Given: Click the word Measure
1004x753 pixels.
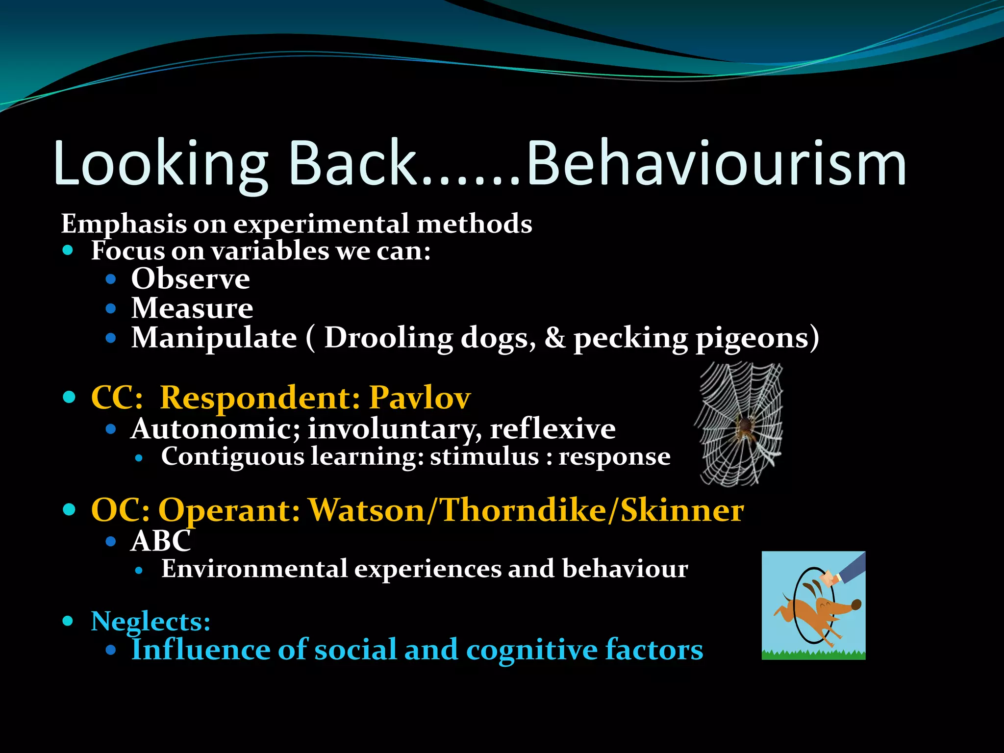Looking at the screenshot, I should pyautogui.click(x=192, y=309).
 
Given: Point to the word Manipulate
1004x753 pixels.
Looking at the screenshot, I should pyautogui.click(x=214, y=338).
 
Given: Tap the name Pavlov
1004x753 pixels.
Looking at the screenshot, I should pyautogui.click(x=420, y=397).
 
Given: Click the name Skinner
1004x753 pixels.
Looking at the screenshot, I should pyautogui.click(x=682, y=511).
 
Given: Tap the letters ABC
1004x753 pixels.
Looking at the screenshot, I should pyautogui.click(x=161, y=541).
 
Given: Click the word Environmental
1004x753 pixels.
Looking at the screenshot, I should pyautogui.click(x=254, y=569).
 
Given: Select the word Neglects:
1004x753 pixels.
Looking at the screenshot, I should pyautogui.click(x=151, y=622).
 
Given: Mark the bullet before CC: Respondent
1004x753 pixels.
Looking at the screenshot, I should pyautogui.click(x=69, y=397).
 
